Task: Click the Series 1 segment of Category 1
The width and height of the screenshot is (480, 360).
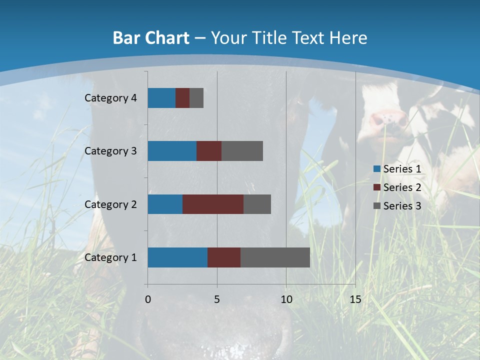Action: tap(177, 257)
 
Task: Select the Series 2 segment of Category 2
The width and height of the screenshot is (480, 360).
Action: tap(213, 204)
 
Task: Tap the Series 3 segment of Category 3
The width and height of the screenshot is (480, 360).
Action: tap(242, 151)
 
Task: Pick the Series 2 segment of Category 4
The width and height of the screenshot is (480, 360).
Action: tap(182, 98)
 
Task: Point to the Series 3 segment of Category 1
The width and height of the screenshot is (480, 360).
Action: tap(275, 257)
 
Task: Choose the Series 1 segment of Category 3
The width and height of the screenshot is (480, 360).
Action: tap(172, 151)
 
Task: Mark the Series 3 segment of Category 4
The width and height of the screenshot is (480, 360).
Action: tap(196, 98)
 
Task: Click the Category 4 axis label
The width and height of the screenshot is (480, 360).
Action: tap(110, 98)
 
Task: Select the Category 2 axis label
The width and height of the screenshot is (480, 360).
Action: tap(110, 204)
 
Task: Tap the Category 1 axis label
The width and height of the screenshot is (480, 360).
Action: tap(110, 257)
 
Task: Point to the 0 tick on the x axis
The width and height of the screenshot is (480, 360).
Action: tap(148, 299)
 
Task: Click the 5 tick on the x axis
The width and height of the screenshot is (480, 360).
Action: tap(217, 299)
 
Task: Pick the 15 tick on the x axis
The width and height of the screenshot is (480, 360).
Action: tap(355, 299)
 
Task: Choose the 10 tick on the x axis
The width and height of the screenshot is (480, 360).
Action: tap(286, 299)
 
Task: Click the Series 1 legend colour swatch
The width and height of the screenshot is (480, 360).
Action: tap(377, 169)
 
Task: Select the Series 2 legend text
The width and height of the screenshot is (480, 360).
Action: tap(402, 187)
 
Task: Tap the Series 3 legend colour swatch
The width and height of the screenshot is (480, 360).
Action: tap(377, 206)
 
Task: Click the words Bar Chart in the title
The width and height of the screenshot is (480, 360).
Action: tap(151, 38)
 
